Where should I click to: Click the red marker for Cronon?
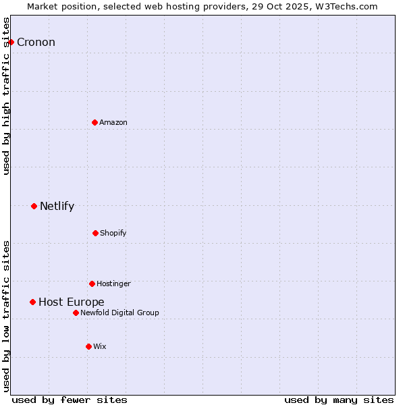pyautogui.click(x=11, y=42)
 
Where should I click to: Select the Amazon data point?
pyautogui.click(x=95, y=122)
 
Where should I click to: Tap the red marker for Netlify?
pyautogui.click(x=34, y=206)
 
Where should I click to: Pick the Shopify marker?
pyautogui.click(x=95, y=233)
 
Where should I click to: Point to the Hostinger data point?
pyautogui.click(x=92, y=283)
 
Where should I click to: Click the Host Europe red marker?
pyautogui.click(x=32, y=302)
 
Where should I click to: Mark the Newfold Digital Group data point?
pyautogui.click(x=76, y=313)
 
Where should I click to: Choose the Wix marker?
pyautogui.click(x=88, y=346)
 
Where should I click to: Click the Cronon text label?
pyautogui.click(x=36, y=43)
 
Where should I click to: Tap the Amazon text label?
pyautogui.click(x=113, y=122)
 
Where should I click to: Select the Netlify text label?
pyautogui.click(x=57, y=207)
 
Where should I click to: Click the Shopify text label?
pyautogui.click(x=113, y=233)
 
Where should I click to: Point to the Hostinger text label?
pyautogui.click(x=113, y=283)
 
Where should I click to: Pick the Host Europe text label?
pyautogui.click(x=71, y=302)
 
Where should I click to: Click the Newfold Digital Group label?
pyautogui.click(x=119, y=313)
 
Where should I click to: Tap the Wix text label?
pyautogui.click(x=100, y=346)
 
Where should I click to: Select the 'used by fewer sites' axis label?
pyautogui.click(x=70, y=400)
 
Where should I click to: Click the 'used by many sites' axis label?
pyautogui.click(x=339, y=400)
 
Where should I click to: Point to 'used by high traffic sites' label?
pyautogui.click(x=6, y=96)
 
